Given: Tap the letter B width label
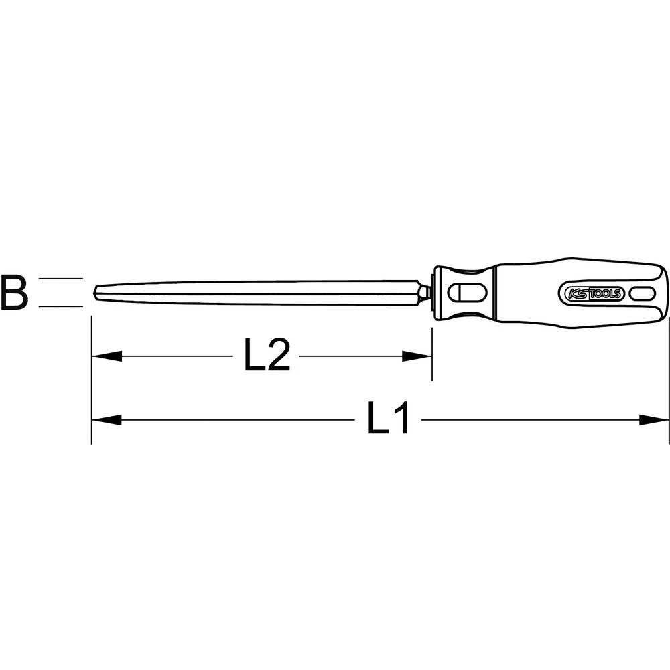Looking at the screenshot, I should coord(14,292).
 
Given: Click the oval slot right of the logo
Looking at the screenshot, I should coord(643,293).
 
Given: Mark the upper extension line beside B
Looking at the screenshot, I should coord(60,278).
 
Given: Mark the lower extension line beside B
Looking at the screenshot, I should coord(60,306).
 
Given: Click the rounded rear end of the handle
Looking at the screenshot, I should coord(666,292).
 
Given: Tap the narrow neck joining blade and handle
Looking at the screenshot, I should coord(425,292).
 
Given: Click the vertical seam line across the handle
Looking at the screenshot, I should coord(495,292).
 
